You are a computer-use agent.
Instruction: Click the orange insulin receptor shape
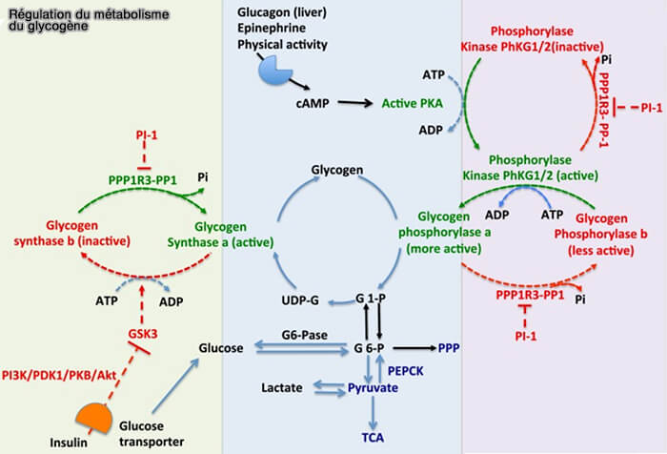pos(94,418)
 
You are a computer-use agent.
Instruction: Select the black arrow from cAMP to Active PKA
pos(353,99)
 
